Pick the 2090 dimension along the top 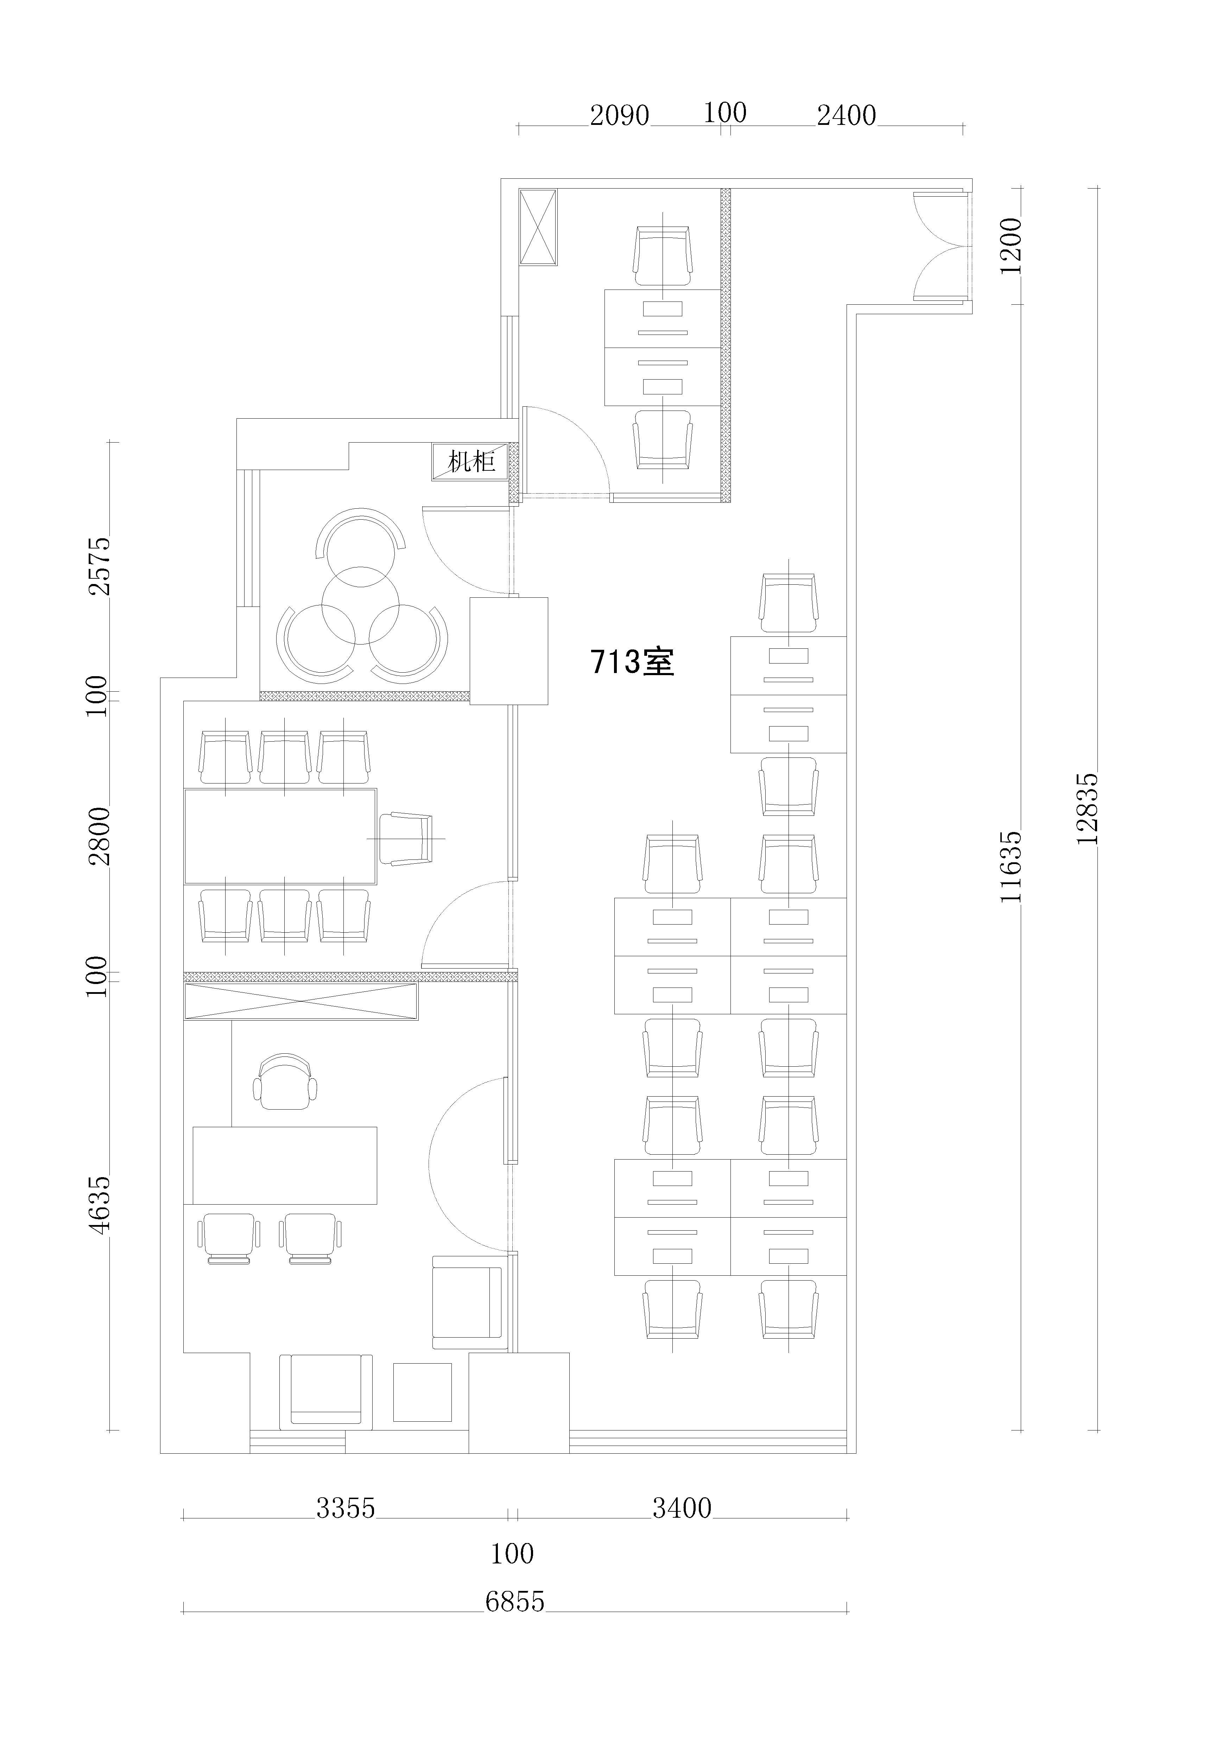620,115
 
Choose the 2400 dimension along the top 846,115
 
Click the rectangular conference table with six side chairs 280,836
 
